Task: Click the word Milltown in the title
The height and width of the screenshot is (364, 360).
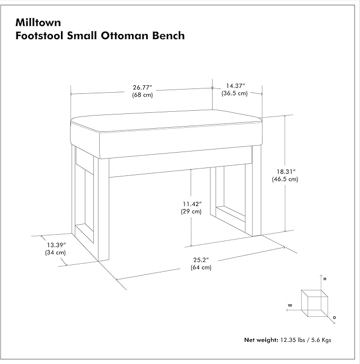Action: click(38, 22)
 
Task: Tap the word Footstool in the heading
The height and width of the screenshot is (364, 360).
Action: click(39, 35)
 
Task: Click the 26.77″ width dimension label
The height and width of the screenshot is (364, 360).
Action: click(142, 87)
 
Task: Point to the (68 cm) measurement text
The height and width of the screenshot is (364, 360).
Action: click(143, 95)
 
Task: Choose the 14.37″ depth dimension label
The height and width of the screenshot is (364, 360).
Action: click(235, 86)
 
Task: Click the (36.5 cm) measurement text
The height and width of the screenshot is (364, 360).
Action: click(234, 93)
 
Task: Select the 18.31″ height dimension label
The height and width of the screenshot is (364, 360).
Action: click(286, 172)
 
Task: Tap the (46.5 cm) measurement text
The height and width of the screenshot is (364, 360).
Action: click(285, 179)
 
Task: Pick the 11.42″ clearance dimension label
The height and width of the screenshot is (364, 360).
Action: click(192, 204)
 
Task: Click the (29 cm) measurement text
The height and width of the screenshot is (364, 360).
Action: click(191, 211)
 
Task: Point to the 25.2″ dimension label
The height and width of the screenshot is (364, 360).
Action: click(201, 260)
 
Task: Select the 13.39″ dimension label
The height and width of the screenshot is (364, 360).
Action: click(56, 245)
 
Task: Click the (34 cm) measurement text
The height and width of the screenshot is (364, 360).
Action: click(55, 253)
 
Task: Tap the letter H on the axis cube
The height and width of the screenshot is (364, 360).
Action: click(325, 279)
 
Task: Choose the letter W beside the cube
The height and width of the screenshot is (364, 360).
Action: click(290, 306)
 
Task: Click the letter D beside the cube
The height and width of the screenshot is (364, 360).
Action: click(335, 317)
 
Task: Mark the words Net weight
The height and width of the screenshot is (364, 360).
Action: click(261, 340)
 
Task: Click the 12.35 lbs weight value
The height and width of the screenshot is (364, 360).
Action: click(293, 340)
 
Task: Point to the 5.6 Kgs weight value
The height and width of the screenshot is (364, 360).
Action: click(321, 340)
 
